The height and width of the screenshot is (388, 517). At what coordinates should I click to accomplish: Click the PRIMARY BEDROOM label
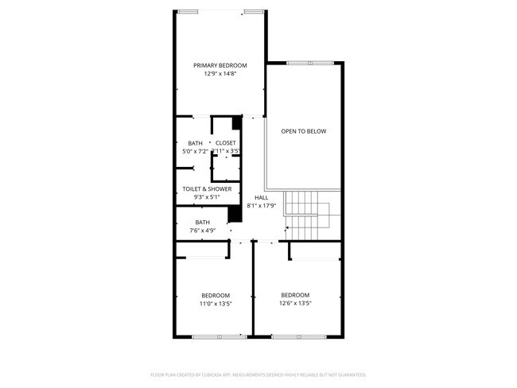tap(220, 65)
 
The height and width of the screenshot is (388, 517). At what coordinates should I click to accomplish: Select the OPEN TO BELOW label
tap(304, 131)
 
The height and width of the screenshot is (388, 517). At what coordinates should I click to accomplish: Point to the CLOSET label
tap(225, 143)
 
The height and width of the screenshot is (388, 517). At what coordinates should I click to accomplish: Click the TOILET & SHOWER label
tap(207, 189)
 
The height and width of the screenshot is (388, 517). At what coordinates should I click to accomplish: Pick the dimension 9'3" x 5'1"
tap(207, 197)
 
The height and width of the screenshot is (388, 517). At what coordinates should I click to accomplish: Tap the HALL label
tap(262, 197)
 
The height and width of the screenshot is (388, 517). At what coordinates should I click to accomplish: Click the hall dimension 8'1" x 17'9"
tap(262, 205)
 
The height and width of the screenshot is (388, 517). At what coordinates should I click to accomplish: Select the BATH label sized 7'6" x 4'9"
tap(203, 223)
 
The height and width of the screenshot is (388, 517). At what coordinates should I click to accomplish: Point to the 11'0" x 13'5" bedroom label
tap(216, 295)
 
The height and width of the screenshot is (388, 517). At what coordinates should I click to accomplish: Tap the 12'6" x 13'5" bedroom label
tap(295, 295)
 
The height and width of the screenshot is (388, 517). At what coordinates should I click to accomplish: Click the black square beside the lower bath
tap(235, 215)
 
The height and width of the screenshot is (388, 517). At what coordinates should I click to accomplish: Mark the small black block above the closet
tap(236, 123)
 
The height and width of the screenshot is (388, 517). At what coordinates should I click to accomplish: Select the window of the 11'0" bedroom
tap(220, 337)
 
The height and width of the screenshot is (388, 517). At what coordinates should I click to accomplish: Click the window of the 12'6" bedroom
tap(298, 337)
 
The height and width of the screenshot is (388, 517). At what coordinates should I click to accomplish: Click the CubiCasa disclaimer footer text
tap(258, 374)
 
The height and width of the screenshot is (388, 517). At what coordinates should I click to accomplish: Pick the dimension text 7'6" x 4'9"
tap(203, 231)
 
